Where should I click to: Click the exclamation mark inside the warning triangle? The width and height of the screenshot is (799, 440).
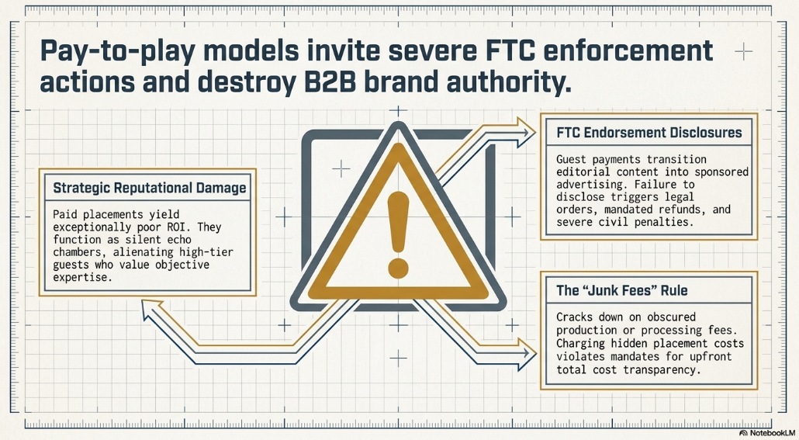(398, 234)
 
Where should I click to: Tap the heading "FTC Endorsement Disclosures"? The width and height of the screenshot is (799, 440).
(649, 133)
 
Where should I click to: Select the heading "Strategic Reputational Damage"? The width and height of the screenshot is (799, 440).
(149, 188)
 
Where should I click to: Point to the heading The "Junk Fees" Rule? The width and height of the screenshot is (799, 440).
(621, 290)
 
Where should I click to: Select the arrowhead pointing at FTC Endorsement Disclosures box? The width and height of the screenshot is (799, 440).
(525, 132)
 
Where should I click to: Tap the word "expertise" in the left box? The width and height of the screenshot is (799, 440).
(82, 278)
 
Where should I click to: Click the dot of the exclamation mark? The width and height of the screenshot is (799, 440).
(398, 269)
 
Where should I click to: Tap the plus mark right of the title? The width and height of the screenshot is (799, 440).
(743, 51)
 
